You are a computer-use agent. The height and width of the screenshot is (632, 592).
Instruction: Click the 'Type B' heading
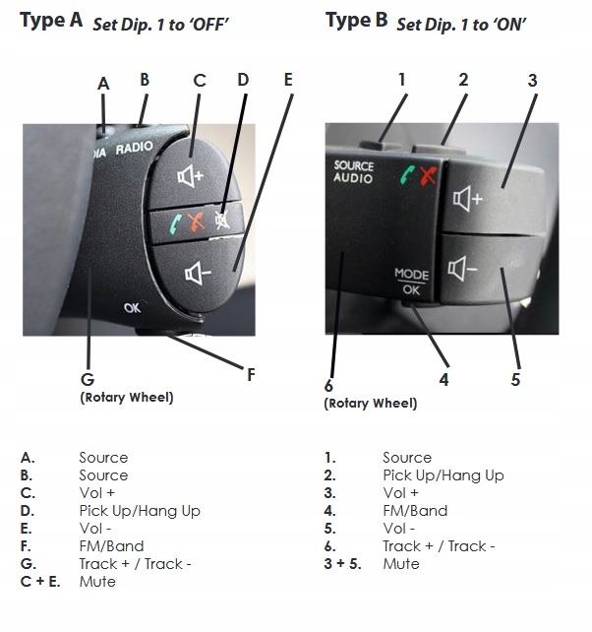click(357, 19)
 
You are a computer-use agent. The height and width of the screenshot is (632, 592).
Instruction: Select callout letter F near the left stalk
click(251, 374)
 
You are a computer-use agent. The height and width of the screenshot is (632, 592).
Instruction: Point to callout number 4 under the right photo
click(444, 378)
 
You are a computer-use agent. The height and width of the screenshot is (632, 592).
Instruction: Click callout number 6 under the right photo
click(329, 385)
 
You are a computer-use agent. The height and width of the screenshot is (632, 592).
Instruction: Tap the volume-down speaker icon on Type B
click(465, 267)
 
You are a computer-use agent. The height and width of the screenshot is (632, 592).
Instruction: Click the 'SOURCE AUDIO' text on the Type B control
click(353, 172)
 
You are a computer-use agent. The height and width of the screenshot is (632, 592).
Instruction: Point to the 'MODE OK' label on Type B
click(411, 283)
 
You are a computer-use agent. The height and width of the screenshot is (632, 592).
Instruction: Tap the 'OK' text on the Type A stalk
click(133, 308)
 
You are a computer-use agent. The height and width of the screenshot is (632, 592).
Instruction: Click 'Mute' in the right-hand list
click(400, 564)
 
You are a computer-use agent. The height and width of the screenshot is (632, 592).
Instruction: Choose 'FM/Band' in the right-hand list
click(414, 511)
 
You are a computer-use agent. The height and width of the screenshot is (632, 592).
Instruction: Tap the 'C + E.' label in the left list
click(40, 582)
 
